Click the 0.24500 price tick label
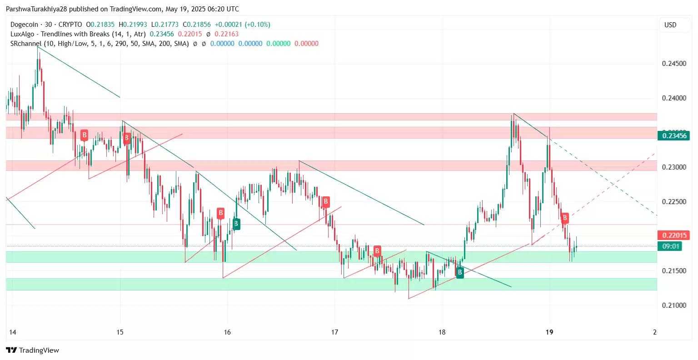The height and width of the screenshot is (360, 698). coord(674,64)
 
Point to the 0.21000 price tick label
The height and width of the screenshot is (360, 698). coord(674,305)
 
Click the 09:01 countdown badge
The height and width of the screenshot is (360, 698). coord(671,246)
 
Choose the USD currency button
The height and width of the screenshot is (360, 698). coord(670,25)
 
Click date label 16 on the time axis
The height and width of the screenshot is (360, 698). coord(227,332)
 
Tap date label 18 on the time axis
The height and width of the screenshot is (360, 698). coord(442,332)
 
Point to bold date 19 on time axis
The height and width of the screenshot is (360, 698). coord(549,332)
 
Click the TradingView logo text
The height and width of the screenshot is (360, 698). coord(33,350)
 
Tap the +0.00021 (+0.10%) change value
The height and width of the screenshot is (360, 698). coord(242,25)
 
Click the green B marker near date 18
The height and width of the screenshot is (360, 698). coord(460,272)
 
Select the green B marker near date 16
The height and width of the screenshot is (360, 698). coord(236,224)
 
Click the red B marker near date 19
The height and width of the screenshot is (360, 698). coord(564,218)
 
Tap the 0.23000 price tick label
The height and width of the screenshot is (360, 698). coord(674,167)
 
